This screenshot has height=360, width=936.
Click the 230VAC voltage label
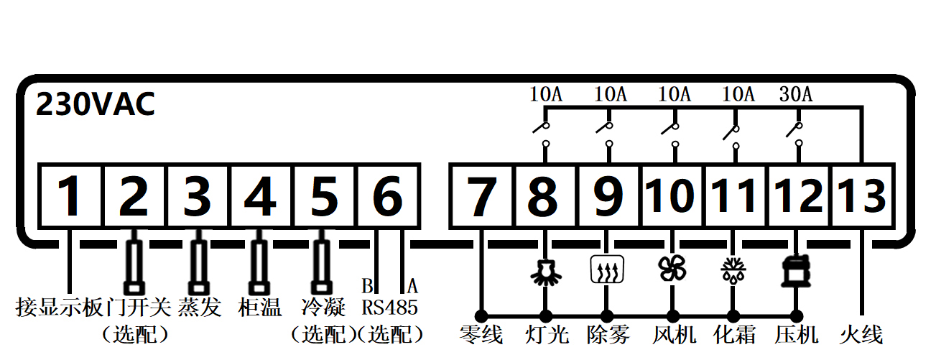(96, 105)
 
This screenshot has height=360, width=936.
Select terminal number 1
(70, 196)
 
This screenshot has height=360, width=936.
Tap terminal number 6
(387, 196)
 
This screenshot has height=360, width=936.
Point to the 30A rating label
(795, 93)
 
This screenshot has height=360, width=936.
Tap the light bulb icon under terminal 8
(545, 269)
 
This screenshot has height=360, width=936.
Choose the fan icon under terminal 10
(672, 268)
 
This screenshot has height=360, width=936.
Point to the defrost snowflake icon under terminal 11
(733, 269)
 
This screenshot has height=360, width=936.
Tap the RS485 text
(389, 308)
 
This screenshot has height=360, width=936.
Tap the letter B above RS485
(367, 285)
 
